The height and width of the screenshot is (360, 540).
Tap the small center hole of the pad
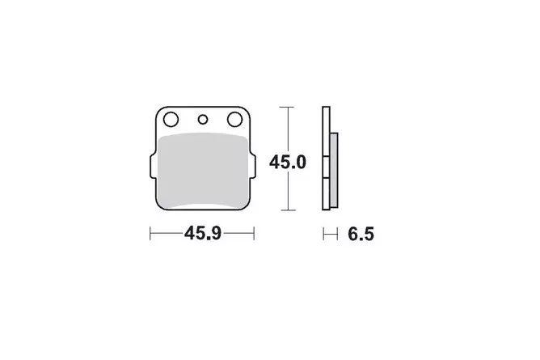click(203, 120)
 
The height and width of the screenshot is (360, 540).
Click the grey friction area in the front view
click(203, 171)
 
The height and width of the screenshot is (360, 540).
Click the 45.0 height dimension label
click(288, 163)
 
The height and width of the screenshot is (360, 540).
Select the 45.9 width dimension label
click(202, 234)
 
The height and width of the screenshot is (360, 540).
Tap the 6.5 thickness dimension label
click(361, 235)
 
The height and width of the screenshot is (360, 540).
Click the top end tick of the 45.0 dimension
click(286, 107)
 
